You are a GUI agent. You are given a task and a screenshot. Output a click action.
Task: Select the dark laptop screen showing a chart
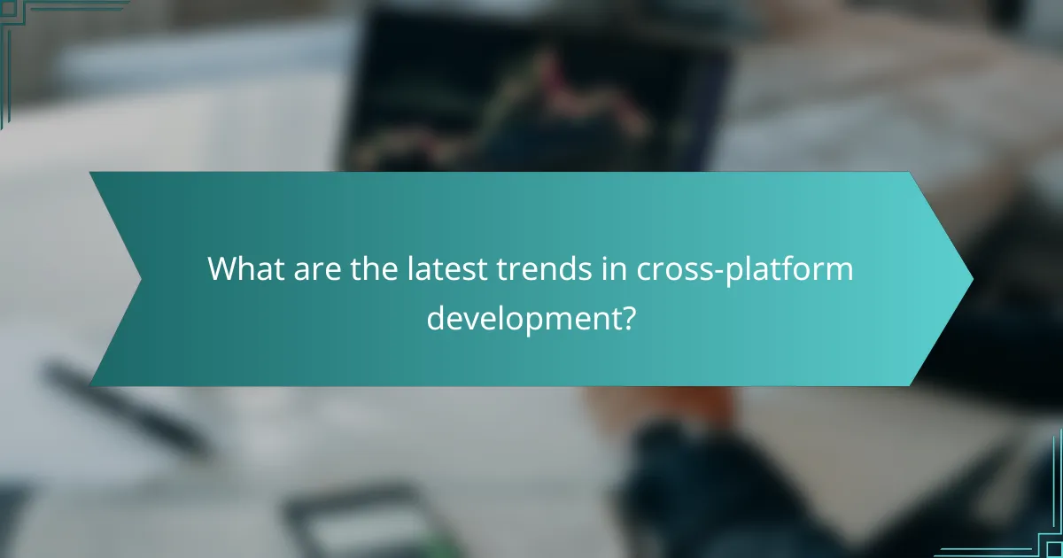pos(531,89)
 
